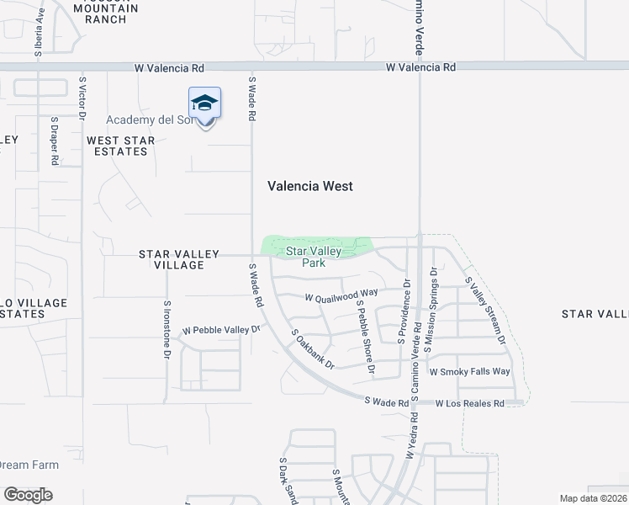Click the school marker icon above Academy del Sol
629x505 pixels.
click(205, 104)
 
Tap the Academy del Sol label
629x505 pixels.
click(150, 120)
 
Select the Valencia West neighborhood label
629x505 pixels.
click(310, 186)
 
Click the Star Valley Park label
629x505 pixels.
click(314, 257)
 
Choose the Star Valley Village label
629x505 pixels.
click(179, 259)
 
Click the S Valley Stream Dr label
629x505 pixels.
click(484, 312)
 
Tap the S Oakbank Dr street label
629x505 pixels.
click(313, 349)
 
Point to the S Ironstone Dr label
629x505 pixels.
click(167, 330)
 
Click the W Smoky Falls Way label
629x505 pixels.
click(469, 371)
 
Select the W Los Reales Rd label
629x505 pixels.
click(469, 404)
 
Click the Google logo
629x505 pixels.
click(28, 495)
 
